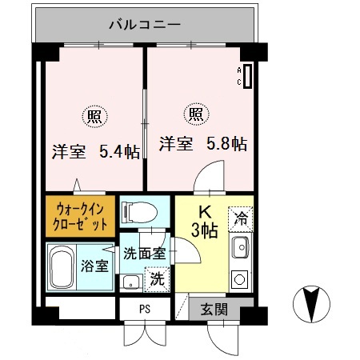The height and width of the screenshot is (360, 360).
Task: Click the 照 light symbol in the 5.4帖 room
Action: pyautogui.click(x=94, y=116)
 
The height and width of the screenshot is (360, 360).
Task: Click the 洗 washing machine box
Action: pyautogui.click(x=158, y=280)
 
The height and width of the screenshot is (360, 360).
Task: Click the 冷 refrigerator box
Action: pyautogui.click(x=240, y=217)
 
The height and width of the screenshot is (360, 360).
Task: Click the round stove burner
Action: pyautogui.click(x=239, y=280)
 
